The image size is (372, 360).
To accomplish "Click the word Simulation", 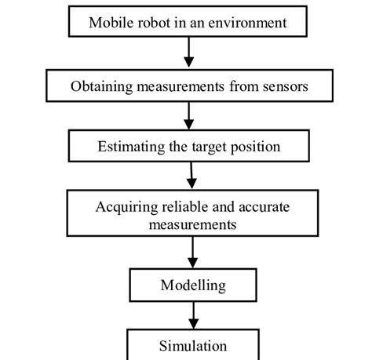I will tap(193, 346).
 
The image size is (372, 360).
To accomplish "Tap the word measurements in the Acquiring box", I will tap(192, 224).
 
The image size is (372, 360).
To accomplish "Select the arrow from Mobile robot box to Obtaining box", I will tap(188, 53).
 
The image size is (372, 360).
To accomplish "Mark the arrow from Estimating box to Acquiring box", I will tap(192, 176).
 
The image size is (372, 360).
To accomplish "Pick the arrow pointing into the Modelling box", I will tap(192, 253).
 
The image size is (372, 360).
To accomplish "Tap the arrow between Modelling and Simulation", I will tap(192, 315).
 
